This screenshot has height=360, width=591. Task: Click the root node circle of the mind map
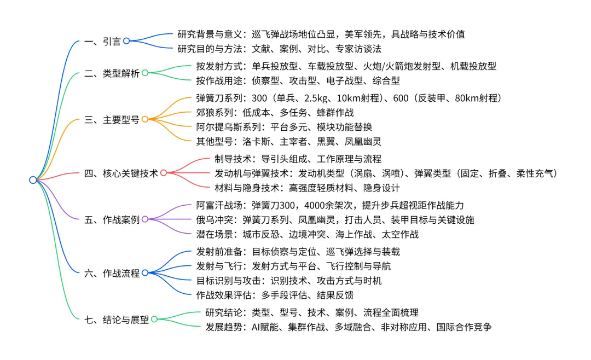(x=33, y=180)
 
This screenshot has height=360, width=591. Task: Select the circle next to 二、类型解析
(x=145, y=73)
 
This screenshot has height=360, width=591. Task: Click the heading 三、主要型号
(x=112, y=119)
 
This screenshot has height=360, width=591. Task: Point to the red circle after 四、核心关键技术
(x=163, y=173)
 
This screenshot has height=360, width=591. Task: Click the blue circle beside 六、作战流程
(x=145, y=272)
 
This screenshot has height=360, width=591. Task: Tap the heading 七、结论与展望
(x=117, y=319)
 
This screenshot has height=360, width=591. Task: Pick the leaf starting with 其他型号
(x=288, y=141)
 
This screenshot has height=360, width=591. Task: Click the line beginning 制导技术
(x=298, y=159)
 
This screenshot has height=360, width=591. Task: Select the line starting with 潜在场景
(x=307, y=234)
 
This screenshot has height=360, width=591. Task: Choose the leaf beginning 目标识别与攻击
(x=289, y=281)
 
